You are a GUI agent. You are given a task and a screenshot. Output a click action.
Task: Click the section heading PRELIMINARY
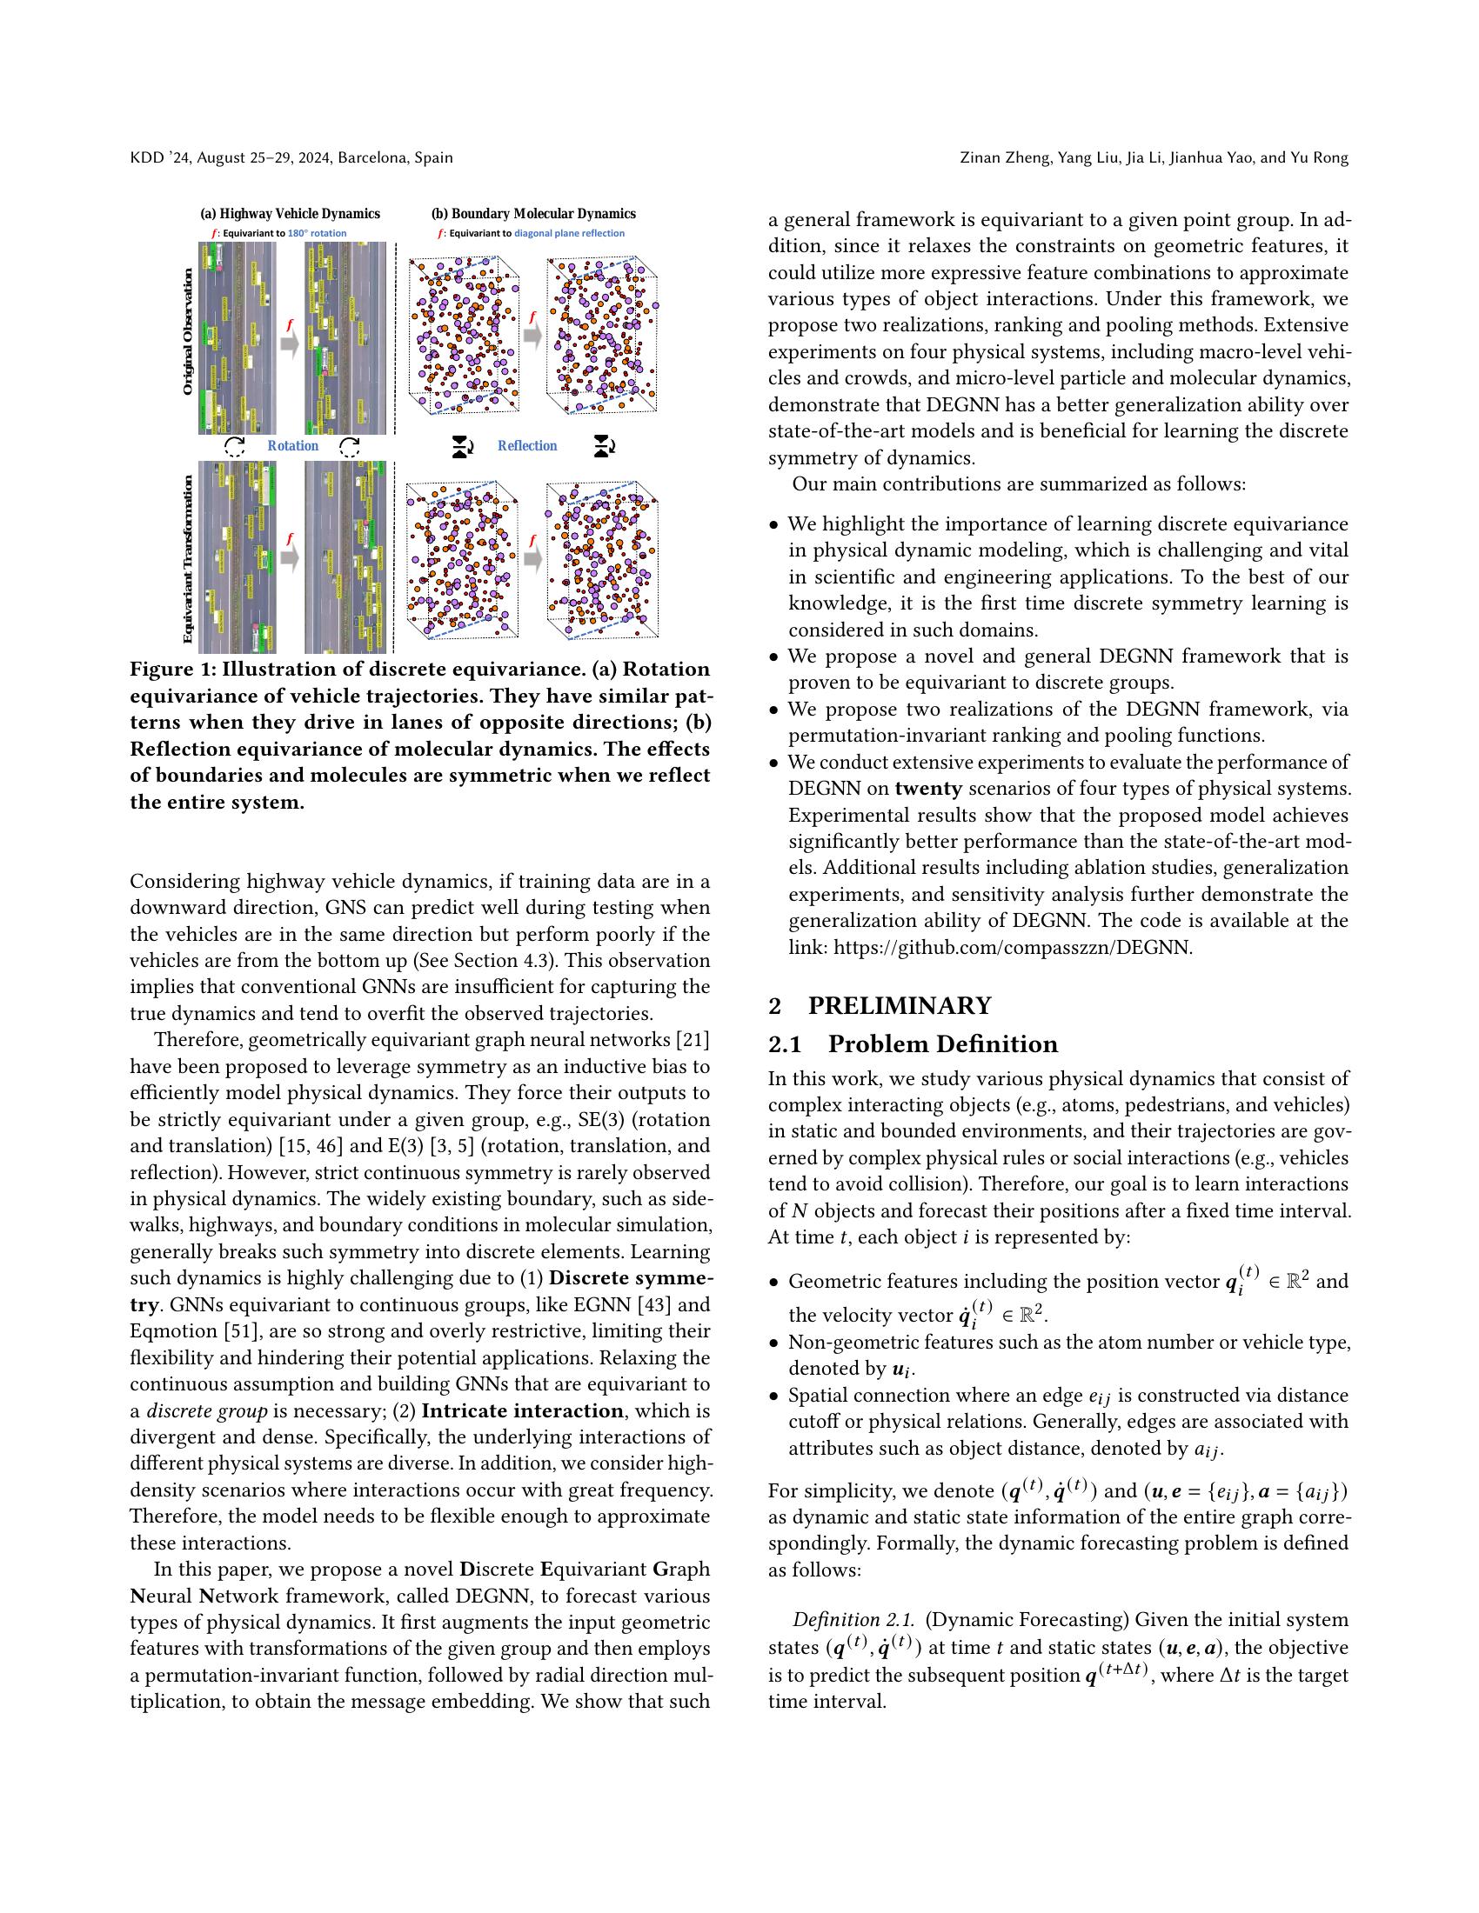899,1005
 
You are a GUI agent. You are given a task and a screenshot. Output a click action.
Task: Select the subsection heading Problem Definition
942,1044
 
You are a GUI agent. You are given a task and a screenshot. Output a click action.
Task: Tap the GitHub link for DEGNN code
1012,947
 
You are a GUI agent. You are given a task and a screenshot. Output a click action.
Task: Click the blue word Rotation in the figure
292,446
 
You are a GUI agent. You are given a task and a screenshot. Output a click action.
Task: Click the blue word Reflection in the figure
526,446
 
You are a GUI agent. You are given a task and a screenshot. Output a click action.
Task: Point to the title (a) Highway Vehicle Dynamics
290,214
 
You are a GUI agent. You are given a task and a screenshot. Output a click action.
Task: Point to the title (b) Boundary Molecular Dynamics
532,214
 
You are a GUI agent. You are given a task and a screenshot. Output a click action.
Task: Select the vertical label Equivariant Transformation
188,559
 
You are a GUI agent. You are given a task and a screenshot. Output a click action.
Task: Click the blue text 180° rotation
318,234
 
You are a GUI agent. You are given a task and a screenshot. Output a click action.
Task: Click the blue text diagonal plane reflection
569,234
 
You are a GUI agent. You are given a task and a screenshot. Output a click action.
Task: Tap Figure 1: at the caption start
171,670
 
